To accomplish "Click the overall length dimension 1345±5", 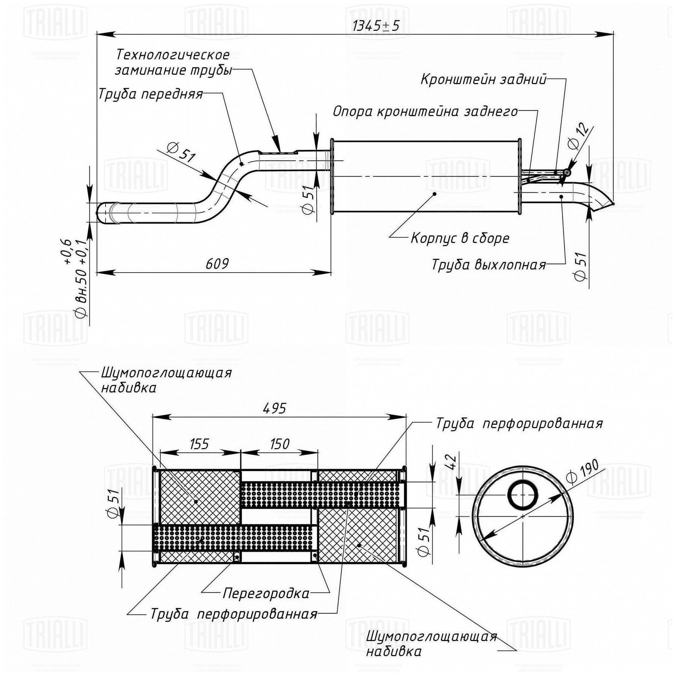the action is (376, 26).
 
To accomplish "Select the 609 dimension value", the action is (217, 264).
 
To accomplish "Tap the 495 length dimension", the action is (275, 408).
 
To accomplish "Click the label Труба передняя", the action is (150, 94).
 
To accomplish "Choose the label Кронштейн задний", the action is (483, 79).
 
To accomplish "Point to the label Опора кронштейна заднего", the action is (425, 112).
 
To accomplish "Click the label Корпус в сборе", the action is (460, 238).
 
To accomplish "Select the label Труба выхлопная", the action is (489, 264).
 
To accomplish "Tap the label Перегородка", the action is (266, 593).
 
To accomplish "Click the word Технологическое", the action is (172, 55).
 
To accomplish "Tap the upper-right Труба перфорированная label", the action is (519, 424).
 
